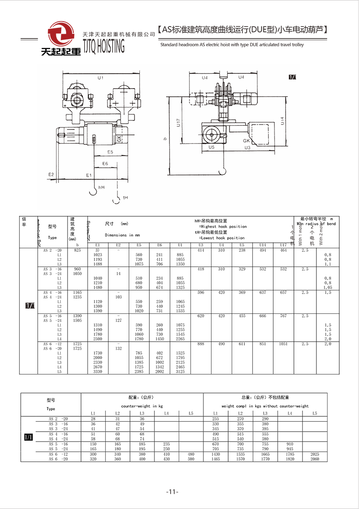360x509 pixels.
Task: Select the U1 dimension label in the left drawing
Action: click(x=100, y=78)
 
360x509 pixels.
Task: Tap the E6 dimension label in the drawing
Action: click(x=105, y=163)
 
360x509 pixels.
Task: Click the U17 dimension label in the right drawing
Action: click(x=178, y=122)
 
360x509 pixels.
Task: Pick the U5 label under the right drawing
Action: click(x=211, y=147)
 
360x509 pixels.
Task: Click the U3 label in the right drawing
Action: click(x=247, y=147)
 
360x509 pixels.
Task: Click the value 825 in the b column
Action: click(x=77, y=250)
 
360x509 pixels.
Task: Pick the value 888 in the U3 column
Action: click(x=201, y=344)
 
